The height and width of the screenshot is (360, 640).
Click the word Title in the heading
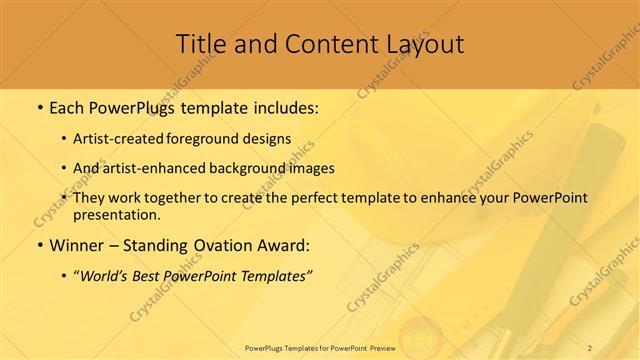click(200, 44)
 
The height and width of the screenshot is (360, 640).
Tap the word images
click(309, 168)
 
